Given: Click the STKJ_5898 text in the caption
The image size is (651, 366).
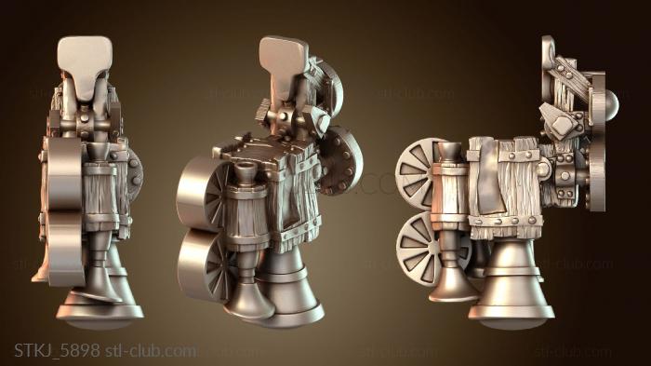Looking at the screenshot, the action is [57, 350].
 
